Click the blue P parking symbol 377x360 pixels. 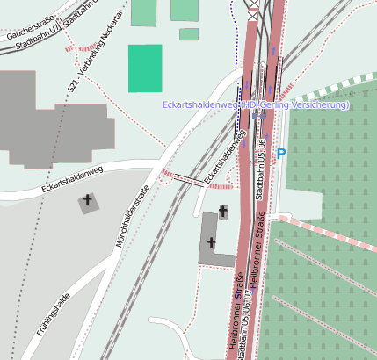[281, 155]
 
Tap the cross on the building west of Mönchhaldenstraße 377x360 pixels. [88, 202]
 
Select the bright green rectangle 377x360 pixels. [145, 68]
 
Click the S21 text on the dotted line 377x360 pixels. [73, 86]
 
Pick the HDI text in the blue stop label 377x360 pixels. [250, 105]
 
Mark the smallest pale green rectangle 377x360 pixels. [189, 34]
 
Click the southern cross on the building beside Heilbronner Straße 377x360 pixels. [211, 242]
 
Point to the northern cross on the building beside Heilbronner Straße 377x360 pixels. [223, 211]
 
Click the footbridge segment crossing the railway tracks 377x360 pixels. [188, 179]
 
